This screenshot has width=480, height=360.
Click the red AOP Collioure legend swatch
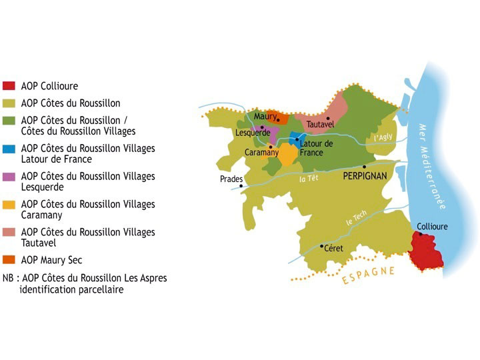pyautogui.click(x=9, y=86)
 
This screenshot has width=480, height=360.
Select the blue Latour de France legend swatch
pyautogui.click(x=9, y=149)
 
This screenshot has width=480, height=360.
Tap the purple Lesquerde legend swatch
pyautogui.click(x=9, y=177)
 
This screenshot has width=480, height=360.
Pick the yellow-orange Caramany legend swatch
pyautogui.click(x=9, y=205)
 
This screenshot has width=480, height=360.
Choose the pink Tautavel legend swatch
pyautogui.click(x=9, y=233)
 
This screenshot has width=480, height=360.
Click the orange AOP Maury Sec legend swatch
pyautogui.click(x=9, y=260)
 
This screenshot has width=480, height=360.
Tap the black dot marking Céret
pyautogui.click(x=322, y=246)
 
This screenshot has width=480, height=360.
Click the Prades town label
pyautogui.click(x=231, y=179)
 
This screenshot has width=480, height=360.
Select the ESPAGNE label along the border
pyautogui.click(x=368, y=275)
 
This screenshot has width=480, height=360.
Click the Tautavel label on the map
pyautogui.click(x=320, y=124)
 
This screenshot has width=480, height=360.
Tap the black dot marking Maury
pyautogui.click(x=278, y=120)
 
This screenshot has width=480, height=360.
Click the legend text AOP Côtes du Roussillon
pyautogui.click(x=71, y=103)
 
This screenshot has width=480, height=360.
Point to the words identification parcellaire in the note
pyautogui.click(x=72, y=289)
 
